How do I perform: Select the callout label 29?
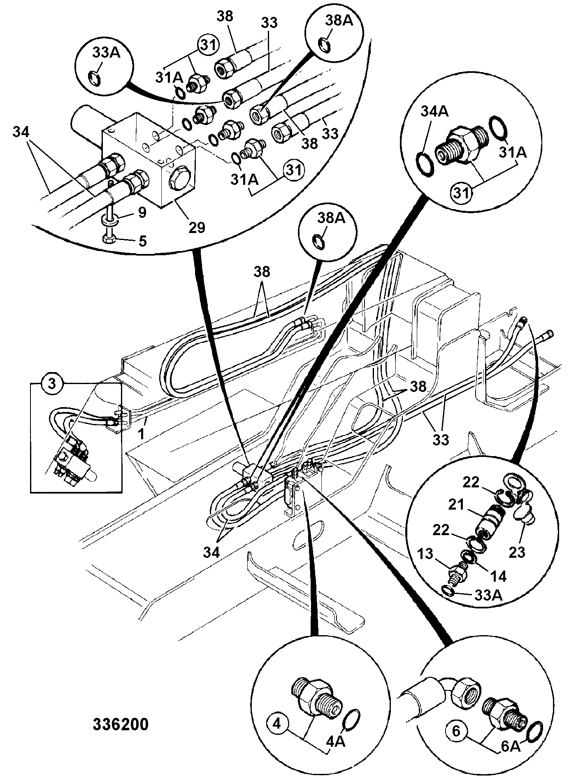[x=197, y=227]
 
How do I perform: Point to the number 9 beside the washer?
[x=142, y=213]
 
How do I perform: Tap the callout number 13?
[x=425, y=554]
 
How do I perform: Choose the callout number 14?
[x=498, y=576]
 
